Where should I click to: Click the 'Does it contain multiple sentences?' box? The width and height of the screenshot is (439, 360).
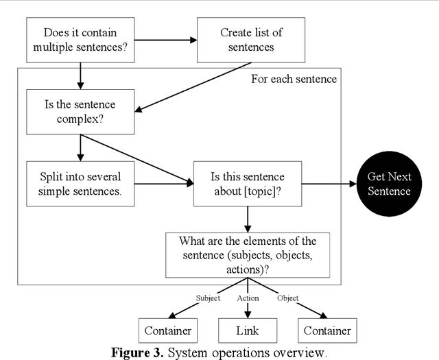80,40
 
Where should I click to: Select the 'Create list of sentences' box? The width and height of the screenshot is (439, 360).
251,40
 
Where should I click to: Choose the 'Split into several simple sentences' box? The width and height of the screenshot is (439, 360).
80,184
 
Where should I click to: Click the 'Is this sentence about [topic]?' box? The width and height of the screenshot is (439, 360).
247,184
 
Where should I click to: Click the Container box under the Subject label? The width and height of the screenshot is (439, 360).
167,331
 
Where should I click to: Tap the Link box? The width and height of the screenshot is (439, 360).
247,331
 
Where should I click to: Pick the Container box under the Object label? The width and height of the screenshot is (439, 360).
327,331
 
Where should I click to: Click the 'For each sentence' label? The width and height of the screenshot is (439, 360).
294,79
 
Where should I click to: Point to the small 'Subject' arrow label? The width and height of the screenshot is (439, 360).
209,298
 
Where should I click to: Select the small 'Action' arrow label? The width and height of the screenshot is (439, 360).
248,298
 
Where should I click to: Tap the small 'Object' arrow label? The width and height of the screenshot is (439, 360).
287,298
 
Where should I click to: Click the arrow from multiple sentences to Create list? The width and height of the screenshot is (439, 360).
165,40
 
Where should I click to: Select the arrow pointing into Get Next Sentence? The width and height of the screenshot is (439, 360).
327,184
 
